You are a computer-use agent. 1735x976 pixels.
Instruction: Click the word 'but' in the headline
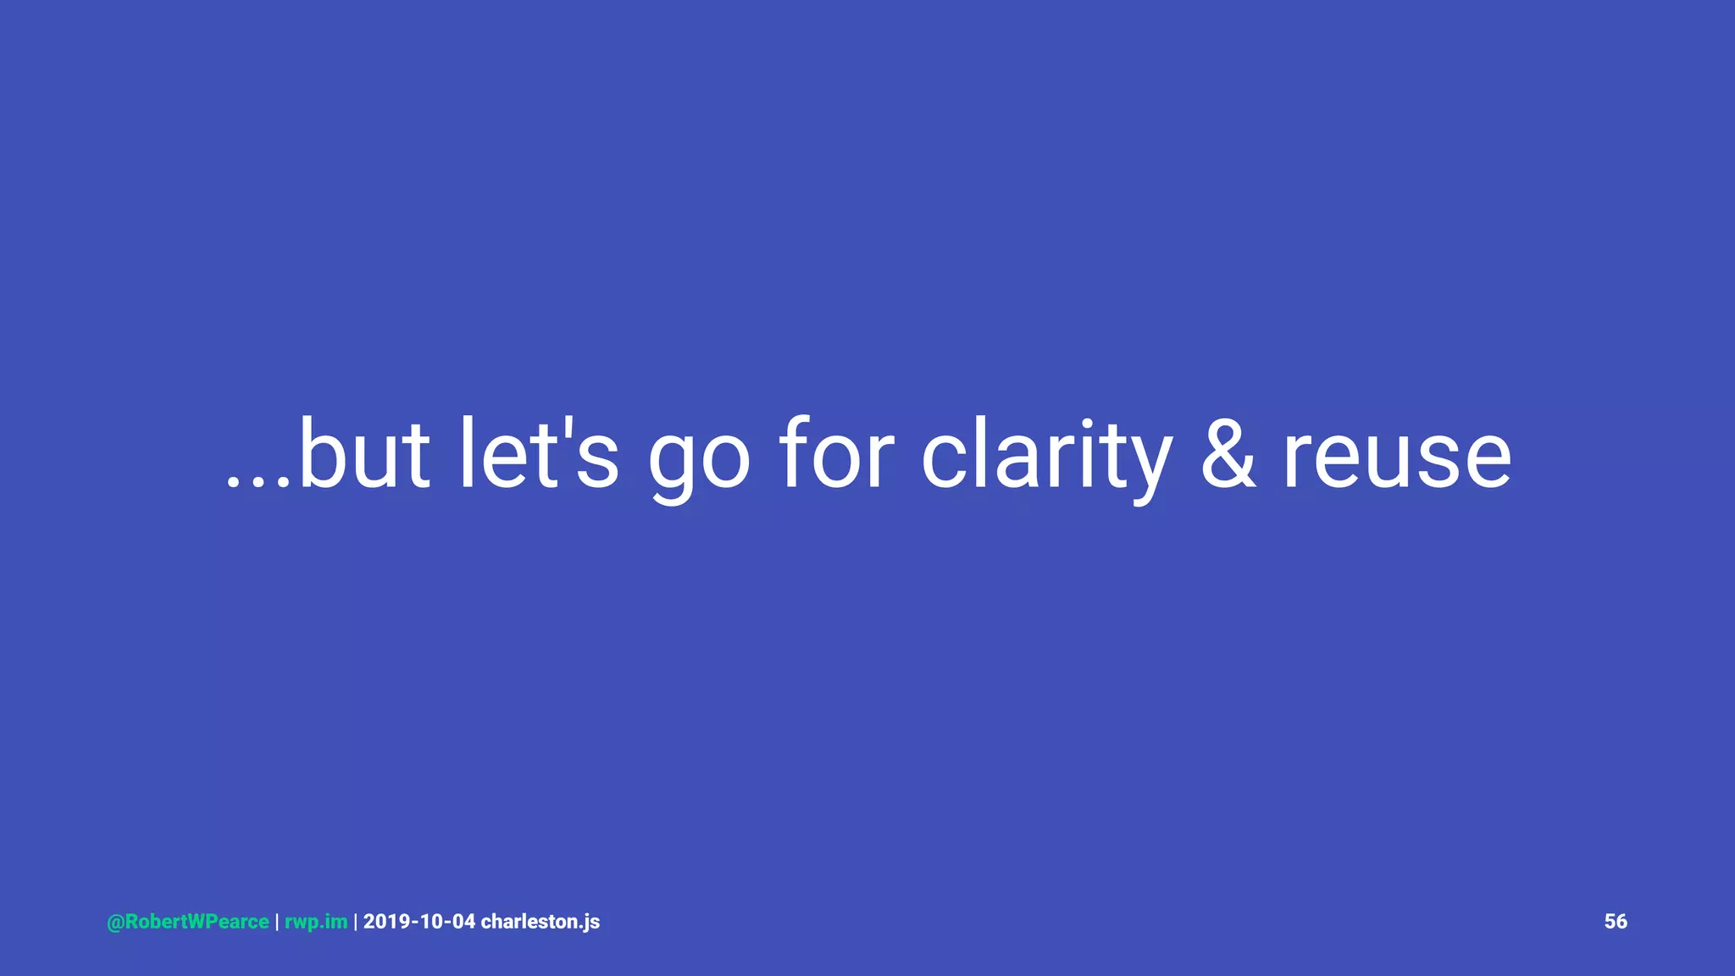[364, 455]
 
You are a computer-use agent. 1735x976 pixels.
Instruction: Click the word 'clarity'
[1047, 457]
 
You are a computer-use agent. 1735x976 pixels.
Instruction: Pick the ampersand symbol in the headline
[1228, 455]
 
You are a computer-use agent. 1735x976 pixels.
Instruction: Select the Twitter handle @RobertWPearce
[188, 922]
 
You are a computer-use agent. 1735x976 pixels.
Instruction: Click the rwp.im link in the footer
[316, 922]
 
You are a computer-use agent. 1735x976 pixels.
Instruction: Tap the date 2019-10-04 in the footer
[419, 922]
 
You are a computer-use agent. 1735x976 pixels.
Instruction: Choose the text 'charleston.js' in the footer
[540, 922]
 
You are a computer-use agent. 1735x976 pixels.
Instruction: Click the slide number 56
[1616, 922]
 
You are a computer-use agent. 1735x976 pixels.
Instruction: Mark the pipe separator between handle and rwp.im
[277, 922]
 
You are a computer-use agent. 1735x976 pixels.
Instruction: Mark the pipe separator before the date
[355, 922]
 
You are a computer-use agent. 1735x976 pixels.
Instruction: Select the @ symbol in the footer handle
[115, 923]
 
